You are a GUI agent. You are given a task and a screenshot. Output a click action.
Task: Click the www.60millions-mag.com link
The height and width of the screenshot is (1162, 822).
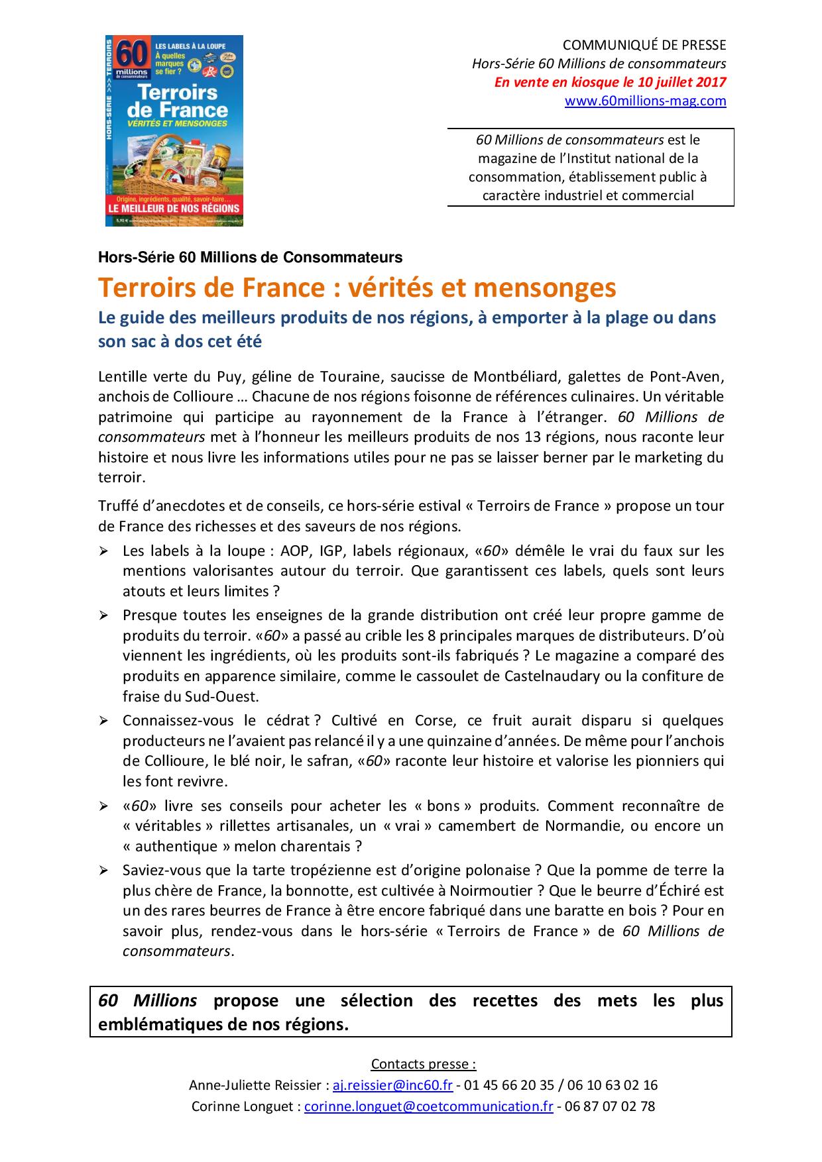pyautogui.click(x=645, y=101)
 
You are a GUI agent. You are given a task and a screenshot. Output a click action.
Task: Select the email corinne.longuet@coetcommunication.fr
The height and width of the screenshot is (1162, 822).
pyautogui.click(x=428, y=1106)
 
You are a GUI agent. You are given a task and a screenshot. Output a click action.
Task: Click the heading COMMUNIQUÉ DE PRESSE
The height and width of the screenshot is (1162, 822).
pyautogui.click(x=644, y=45)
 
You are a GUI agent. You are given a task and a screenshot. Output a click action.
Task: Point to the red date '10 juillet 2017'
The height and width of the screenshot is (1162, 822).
pyautogui.click(x=679, y=82)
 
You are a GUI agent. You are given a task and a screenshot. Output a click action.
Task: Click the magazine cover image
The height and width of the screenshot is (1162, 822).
pyautogui.click(x=175, y=131)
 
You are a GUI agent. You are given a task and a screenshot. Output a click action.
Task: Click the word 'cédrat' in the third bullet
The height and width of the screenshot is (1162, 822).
pyautogui.click(x=289, y=720)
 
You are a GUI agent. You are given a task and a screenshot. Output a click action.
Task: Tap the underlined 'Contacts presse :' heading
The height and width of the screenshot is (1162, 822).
pyautogui.click(x=424, y=1064)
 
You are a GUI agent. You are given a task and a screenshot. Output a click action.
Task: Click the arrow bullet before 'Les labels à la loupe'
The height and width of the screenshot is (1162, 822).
pyautogui.click(x=103, y=551)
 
